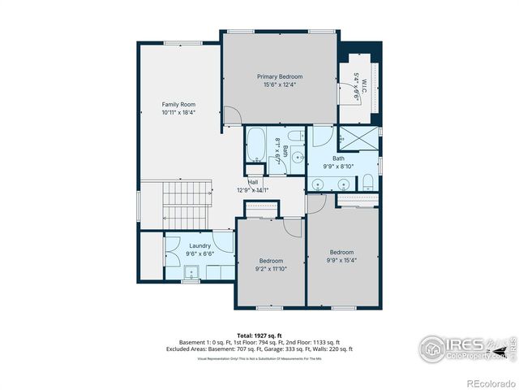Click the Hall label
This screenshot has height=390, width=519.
point(253,182)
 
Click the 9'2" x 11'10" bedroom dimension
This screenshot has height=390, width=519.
point(272,268)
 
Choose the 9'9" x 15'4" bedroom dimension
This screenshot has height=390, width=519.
point(342,259)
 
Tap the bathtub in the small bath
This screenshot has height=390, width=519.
point(254,145)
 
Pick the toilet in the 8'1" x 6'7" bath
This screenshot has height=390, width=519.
point(297,136)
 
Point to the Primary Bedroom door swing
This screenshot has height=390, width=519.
point(231,115)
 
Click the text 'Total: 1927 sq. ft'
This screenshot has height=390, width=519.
point(259,336)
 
